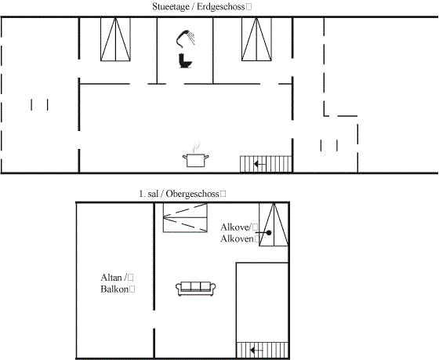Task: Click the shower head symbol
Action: tap(185, 38)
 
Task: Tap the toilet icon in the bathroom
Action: tap(185, 60)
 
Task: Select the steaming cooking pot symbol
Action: tap(195, 155)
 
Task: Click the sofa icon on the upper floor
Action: tap(196, 289)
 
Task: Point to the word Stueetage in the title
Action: tap(171, 7)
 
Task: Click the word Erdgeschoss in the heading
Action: tap(220, 7)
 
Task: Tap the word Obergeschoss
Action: tap(192, 194)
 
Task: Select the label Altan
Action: tap(111, 278)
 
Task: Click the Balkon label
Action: tap(114, 289)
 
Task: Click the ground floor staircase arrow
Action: tap(259, 164)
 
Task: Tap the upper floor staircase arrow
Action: tap(256, 350)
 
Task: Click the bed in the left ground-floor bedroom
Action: tap(115, 39)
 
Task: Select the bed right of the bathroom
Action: tap(256, 39)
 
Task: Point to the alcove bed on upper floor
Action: tap(274, 224)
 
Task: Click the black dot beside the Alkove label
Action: tap(269, 232)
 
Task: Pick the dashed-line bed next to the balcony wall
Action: tap(185, 218)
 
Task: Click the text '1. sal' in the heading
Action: tap(148, 194)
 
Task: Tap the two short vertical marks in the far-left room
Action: tap(39, 104)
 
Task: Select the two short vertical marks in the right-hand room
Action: tap(329, 145)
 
